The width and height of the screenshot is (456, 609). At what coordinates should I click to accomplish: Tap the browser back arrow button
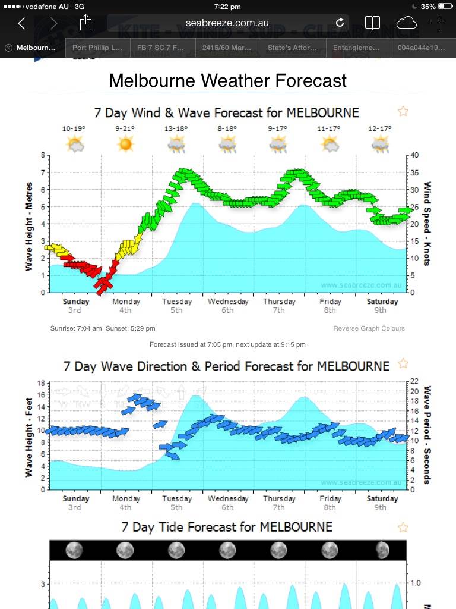pyautogui.click(x=22, y=23)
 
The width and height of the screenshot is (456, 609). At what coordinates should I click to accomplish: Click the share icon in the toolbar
pyautogui.click(x=85, y=23)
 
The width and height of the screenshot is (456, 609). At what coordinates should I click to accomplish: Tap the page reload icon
pyautogui.click(x=340, y=23)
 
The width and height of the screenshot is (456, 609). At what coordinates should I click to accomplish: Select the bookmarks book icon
pyautogui.click(x=372, y=23)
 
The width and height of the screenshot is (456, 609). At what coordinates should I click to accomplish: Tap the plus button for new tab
pyautogui.click(x=438, y=23)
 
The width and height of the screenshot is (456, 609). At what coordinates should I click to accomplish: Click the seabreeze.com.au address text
pyautogui.click(x=227, y=23)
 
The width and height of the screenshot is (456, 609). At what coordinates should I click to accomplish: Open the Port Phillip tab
pyautogui.click(x=97, y=48)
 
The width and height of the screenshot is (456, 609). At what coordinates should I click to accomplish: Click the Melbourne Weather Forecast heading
pyautogui.click(x=227, y=80)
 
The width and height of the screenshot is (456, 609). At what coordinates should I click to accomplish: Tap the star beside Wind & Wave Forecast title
pyautogui.click(x=403, y=111)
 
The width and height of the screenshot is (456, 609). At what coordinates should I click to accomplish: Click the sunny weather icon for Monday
pyautogui.click(x=125, y=143)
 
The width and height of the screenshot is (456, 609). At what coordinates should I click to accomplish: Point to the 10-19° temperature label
pyautogui.click(x=74, y=128)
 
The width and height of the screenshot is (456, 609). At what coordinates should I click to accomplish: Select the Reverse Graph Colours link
pyautogui.click(x=369, y=328)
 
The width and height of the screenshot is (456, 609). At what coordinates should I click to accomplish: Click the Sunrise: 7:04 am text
pyautogui.click(x=77, y=328)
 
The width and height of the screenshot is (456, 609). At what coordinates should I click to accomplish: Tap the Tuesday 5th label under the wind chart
pyautogui.click(x=177, y=306)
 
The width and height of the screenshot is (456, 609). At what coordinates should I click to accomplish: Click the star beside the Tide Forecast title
pyautogui.click(x=403, y=527)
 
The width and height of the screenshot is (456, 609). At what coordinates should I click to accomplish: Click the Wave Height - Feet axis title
pyautogui.click(x=28, y=438)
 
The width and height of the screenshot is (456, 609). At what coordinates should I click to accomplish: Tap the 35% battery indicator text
pyautogui.click(x=428, y=7)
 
